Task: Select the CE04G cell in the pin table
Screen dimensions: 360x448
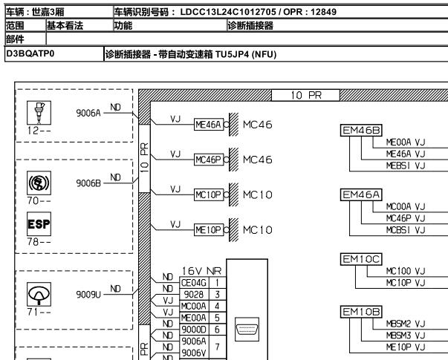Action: click(191, 283)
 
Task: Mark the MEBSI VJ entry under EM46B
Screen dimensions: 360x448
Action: click(404, 163)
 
